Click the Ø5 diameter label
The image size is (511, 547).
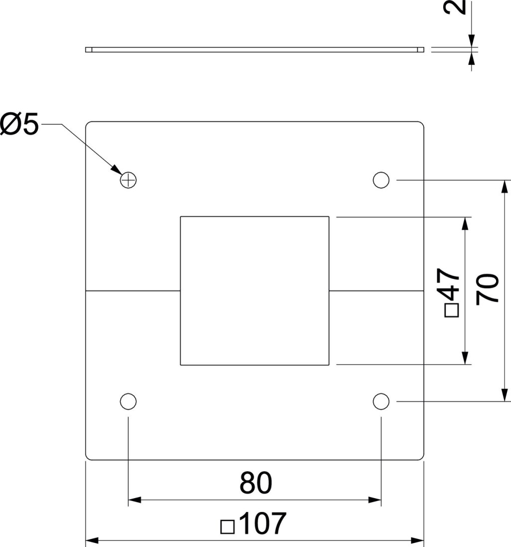[19, 124]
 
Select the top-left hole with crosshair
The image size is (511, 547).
[128, 180]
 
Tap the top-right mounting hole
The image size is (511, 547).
[381, 180]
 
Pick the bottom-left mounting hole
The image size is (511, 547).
[128, 402]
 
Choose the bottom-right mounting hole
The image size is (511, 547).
[381, 402]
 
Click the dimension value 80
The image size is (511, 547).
[255, 483]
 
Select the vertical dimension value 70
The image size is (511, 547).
[488, 289]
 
